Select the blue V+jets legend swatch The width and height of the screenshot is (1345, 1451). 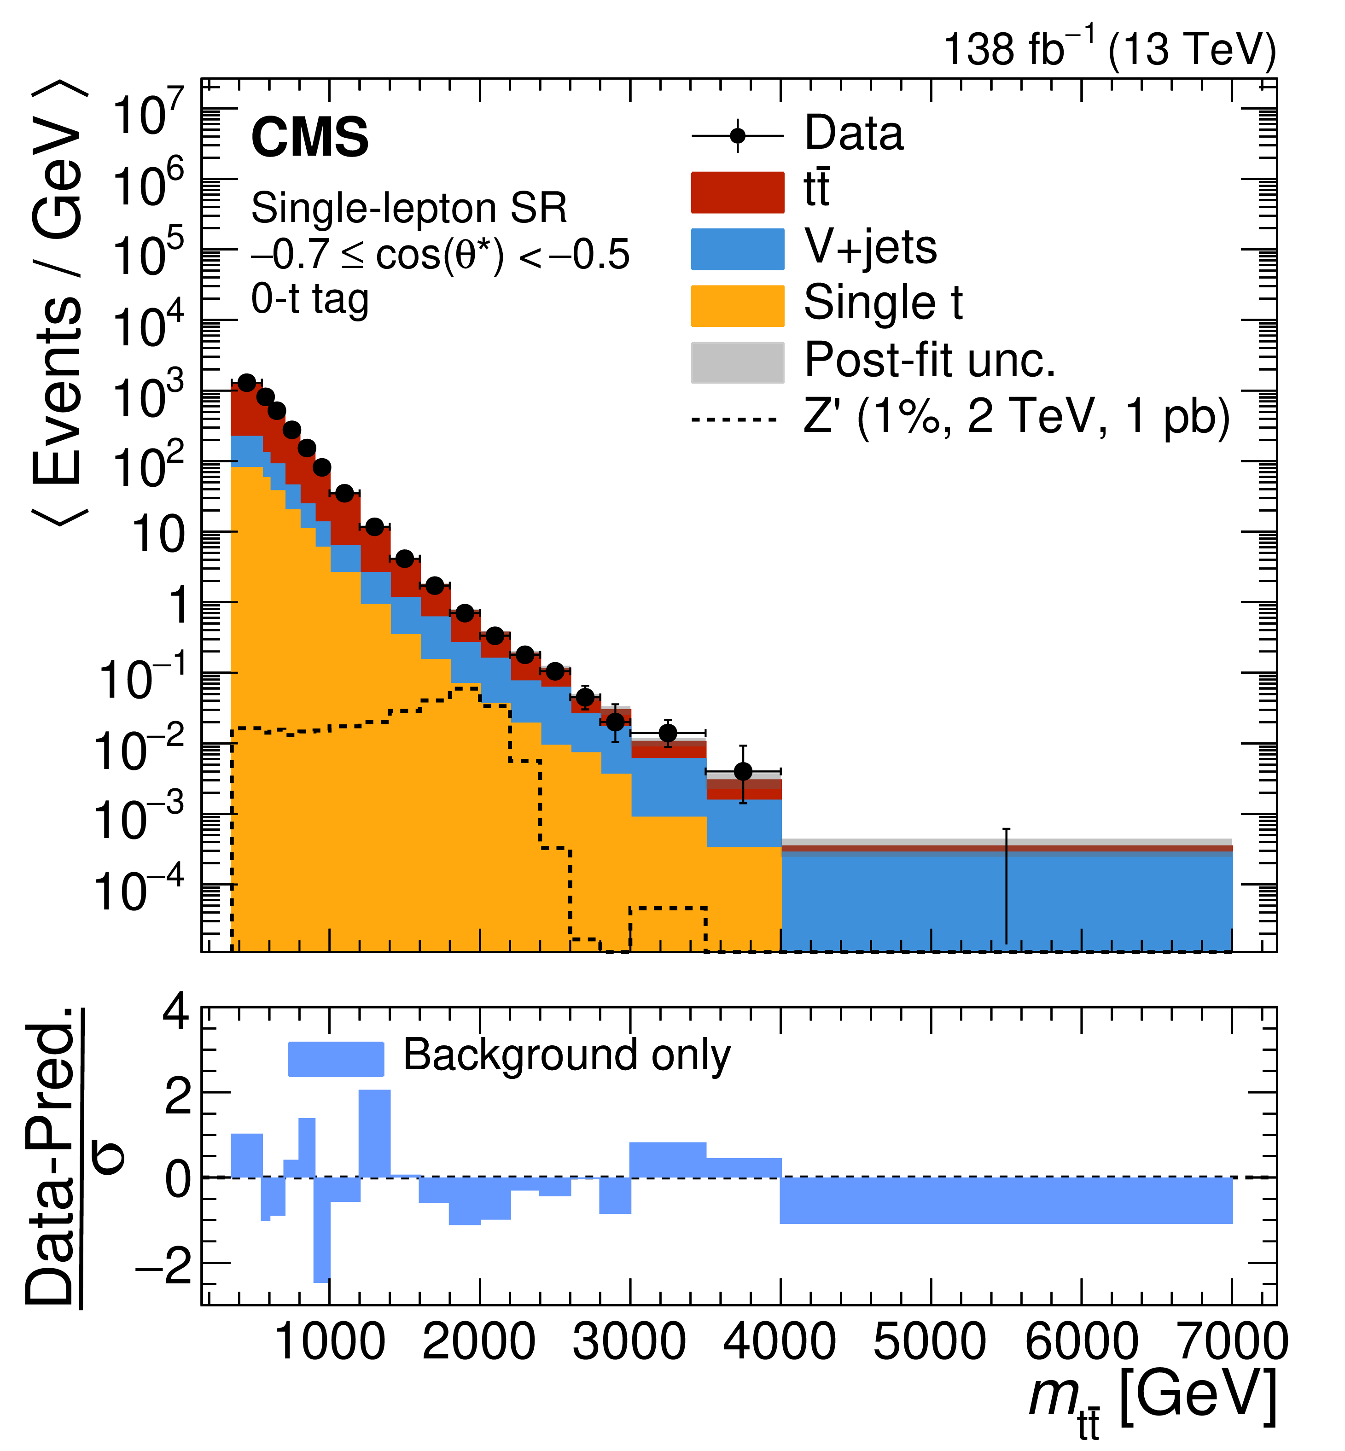(737, 249)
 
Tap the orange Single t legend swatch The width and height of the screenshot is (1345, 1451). (737, 306)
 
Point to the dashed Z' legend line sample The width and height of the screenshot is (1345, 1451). (735, 420)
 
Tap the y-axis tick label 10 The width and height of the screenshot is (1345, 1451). (159, 536)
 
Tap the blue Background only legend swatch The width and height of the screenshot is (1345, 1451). (336, 1059)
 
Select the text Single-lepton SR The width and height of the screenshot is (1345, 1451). (408, 209)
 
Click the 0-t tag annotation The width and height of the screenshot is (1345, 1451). (310, 299)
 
